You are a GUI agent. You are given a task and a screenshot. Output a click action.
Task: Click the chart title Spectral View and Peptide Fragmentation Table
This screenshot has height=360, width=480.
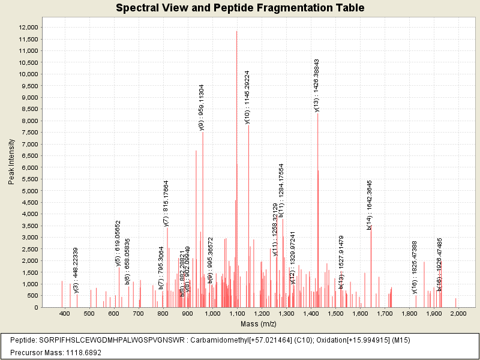(x=240, y=8)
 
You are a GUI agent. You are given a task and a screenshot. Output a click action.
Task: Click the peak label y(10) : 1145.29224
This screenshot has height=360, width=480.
(x=247, y=97)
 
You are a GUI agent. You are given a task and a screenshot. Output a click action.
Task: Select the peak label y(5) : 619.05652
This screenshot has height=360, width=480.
(x=118, y=242)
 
